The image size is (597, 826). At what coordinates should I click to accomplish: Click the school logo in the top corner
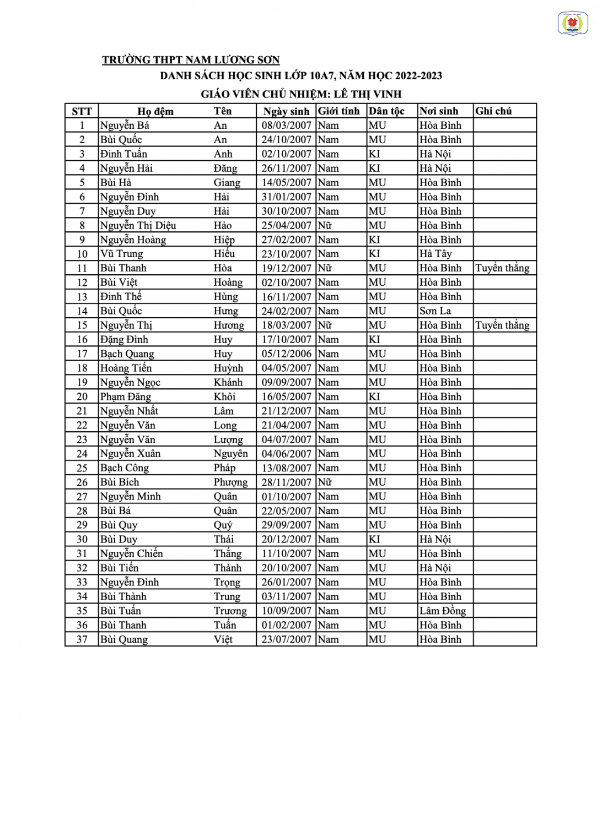point(573,23)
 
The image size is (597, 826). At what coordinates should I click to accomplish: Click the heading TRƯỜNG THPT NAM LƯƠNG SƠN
point(191,60)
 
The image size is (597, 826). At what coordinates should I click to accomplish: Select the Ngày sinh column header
point(286,111)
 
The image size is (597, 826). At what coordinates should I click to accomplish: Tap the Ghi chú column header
point(493,111)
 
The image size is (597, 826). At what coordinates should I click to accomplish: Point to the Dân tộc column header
point(386,111)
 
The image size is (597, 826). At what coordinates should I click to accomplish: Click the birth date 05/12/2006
point(286,354)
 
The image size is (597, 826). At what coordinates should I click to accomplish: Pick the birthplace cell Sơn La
point(435,311)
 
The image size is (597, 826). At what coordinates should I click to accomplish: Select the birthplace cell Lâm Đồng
point(442,611)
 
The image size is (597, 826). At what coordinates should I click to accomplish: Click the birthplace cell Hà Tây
point(435,254)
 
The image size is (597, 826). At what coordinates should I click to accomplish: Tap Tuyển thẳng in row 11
point(502,268)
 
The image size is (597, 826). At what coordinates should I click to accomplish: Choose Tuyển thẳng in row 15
point(502,325)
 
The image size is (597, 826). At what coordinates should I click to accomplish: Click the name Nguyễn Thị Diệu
point(138,225)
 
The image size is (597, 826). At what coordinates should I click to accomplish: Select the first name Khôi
point(224,396)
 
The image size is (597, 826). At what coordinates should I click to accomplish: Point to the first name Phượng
point(230,482)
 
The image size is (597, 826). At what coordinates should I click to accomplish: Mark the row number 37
point(82,639)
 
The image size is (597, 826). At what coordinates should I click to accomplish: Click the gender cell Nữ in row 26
point(325,482)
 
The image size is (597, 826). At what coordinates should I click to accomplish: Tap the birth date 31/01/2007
point(286,197)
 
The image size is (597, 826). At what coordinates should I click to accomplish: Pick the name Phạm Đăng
point(125,396)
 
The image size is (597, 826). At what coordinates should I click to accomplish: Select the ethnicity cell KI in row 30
point(374,540)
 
